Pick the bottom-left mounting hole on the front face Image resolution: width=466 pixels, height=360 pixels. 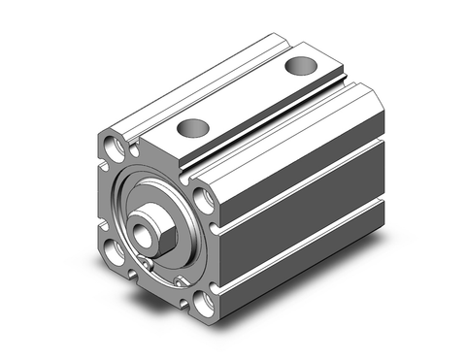click(115, 256)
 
